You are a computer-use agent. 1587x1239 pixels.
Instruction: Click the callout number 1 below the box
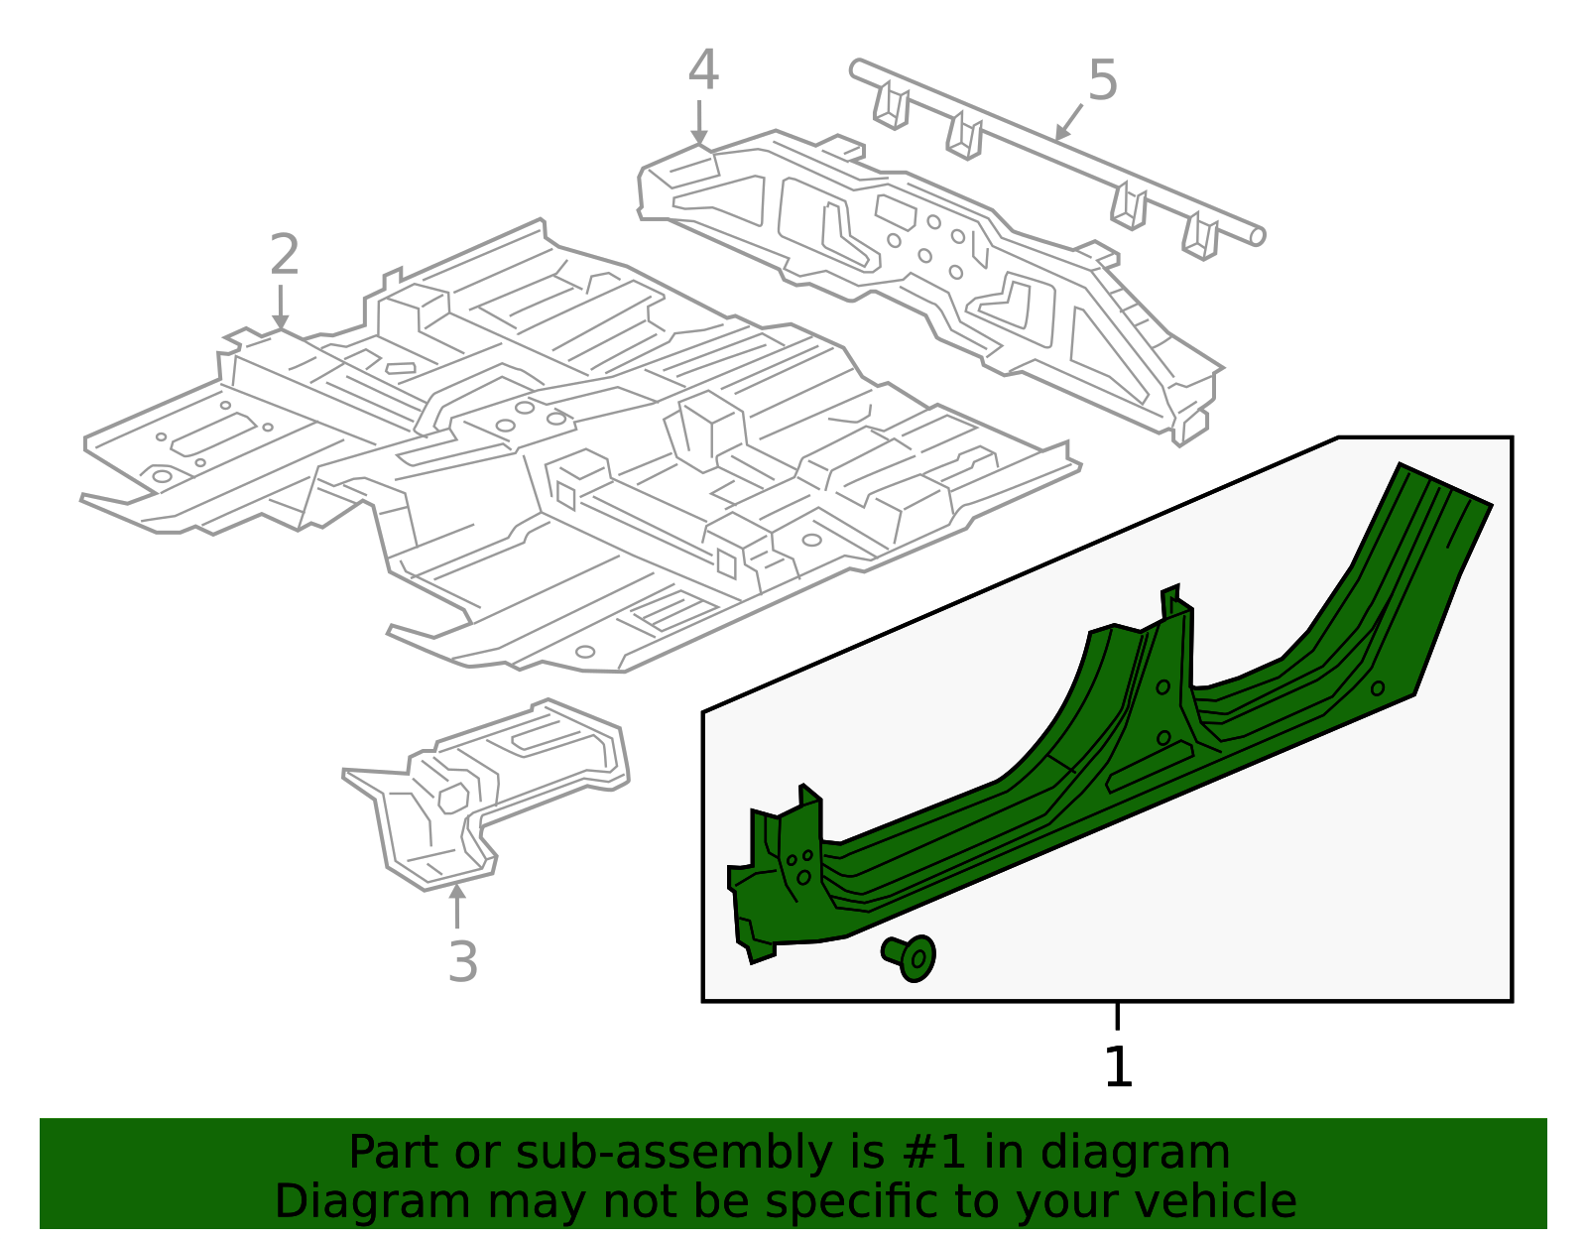coord(1118,1067)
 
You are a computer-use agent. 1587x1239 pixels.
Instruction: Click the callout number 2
coord(284,256)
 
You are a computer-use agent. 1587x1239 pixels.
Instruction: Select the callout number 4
coord(702,71)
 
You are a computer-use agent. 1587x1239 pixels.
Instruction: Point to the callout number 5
coord(1102,80)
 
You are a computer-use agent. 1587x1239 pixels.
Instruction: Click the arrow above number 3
coord(457,905)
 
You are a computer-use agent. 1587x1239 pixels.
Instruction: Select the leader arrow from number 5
coord(1068,123)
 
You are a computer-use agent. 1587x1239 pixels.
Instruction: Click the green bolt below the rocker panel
coord(911,956)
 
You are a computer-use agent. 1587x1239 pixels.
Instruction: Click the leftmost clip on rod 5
coord(891,107)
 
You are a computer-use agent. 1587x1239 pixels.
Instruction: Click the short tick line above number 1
coord(1118,1016)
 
